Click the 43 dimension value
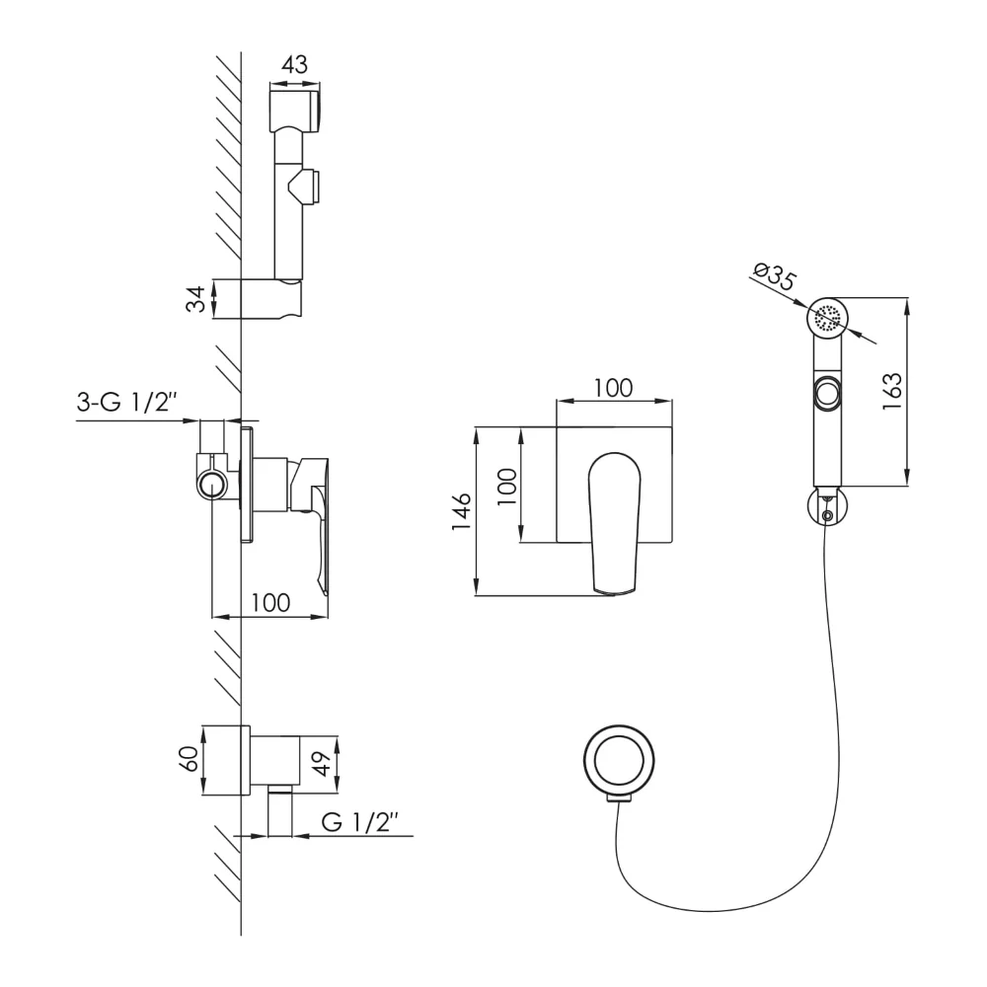(294, 65)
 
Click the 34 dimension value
(196, 299)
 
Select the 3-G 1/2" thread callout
(126, 402)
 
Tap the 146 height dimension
(462, 511)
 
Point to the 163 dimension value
(892, 392)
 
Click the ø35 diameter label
(775, 276)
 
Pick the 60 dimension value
(190, 758)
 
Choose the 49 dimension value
(321, 764)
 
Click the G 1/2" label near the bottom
(360, 821)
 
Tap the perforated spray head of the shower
(828, 318)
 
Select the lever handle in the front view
(614, 523)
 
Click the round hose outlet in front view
(619, 759)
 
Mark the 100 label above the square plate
(613, 388)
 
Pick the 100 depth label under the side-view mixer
(270, 603)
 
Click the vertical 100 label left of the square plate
(508, 486)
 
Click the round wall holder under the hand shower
(828, 505)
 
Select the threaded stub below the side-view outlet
(280, 810)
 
